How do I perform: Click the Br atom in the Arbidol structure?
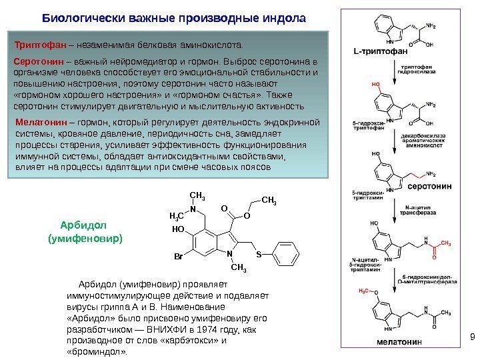pyautogui.click(x=178, y=256)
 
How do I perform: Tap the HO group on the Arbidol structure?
pyautogui.click(x=177, y=228)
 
